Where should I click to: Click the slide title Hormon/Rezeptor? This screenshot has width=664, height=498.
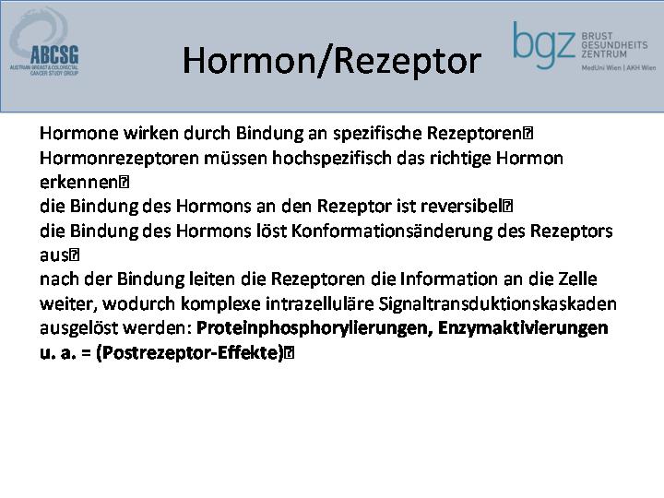[x=332, y=62]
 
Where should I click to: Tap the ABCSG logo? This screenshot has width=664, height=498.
[x=44, y=41]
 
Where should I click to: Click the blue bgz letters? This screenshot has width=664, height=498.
[x=544, y=44]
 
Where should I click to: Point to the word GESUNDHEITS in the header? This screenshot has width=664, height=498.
[x=614, y=45]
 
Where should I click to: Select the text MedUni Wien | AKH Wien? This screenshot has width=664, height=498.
[x=618, y=67]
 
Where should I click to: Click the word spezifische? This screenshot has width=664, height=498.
[x=377, y=134]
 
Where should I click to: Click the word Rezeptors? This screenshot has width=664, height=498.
[x=571, y=231]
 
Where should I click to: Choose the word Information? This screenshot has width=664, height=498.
[x=449, y=279]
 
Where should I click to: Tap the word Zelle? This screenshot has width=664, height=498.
[x=577, y=279]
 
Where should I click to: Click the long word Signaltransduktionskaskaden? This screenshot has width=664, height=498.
[x=498, y=304]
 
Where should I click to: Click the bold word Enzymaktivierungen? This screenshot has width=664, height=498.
[x=523, y=328]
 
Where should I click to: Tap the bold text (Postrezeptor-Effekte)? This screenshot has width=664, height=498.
[x=190, y=352]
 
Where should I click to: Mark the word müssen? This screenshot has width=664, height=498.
[x=235, y=159]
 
